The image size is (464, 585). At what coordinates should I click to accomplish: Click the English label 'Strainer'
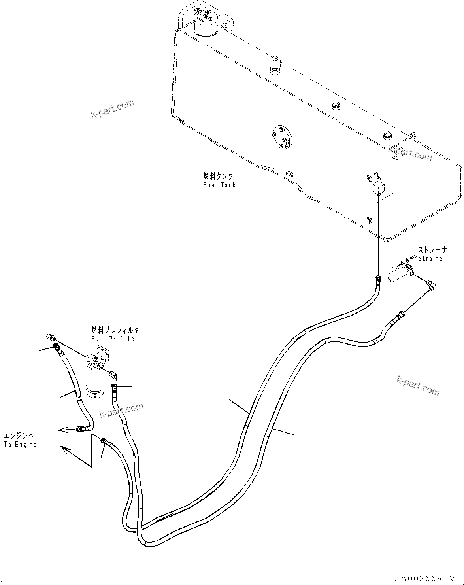tap(432, 259)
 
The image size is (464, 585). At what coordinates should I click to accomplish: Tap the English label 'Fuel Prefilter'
tap(114, 339)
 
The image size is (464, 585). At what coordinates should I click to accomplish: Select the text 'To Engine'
tap(20, 444)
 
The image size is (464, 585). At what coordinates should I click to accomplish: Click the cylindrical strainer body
tap(396, 275)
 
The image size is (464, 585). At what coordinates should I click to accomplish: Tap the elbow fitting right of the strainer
tap(432, 284)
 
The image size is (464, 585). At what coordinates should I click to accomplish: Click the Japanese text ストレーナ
tap(432, 250)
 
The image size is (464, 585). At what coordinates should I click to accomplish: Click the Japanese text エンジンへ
tap(19, 436)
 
